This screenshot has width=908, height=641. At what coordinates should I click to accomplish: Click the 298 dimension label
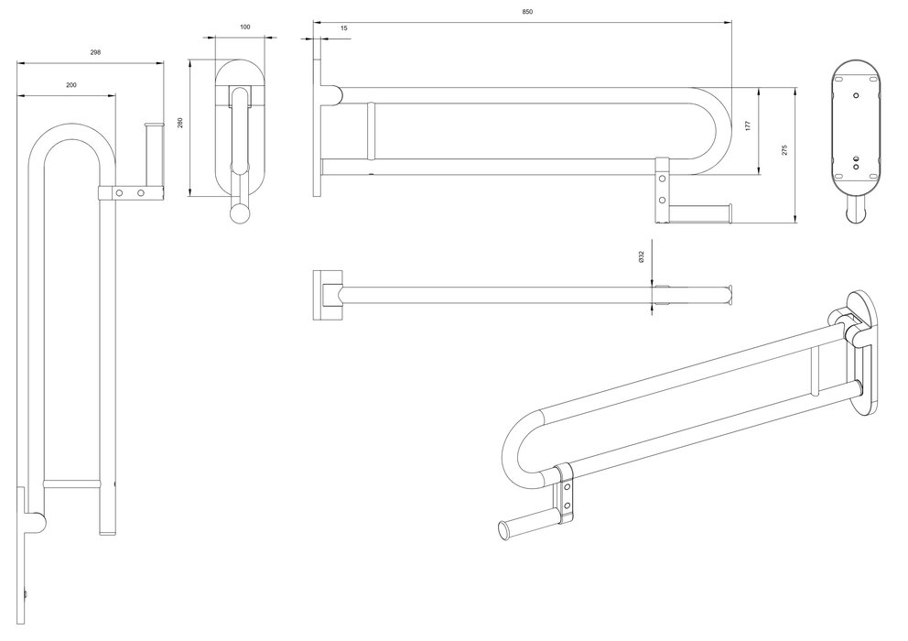coord(95,52)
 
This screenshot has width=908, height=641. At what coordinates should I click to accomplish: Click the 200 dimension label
coord(71,84)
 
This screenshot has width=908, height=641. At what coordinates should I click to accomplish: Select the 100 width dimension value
coord(245,27)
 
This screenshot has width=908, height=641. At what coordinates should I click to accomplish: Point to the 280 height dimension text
coord(180,123)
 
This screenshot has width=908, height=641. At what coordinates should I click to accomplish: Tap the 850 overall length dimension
coord(527,12)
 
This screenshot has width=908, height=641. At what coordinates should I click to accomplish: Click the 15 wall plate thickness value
coord(344,27)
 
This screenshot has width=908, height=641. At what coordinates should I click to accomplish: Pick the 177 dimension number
coord(748,125)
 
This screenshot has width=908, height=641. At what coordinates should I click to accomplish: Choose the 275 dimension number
coord(784,150)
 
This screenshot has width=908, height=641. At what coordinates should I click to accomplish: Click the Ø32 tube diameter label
coord(642,257)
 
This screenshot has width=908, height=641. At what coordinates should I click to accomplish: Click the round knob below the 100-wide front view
coord(239,213)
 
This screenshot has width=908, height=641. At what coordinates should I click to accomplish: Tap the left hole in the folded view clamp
coord(119,192)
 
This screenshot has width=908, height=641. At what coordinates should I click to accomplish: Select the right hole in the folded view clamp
coord(140,192)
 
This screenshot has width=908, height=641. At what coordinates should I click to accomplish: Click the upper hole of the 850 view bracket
coord(662,179)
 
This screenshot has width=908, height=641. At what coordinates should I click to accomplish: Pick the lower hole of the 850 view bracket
coord(662,200)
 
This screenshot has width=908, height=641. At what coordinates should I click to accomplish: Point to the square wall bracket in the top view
coord(328,295)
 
